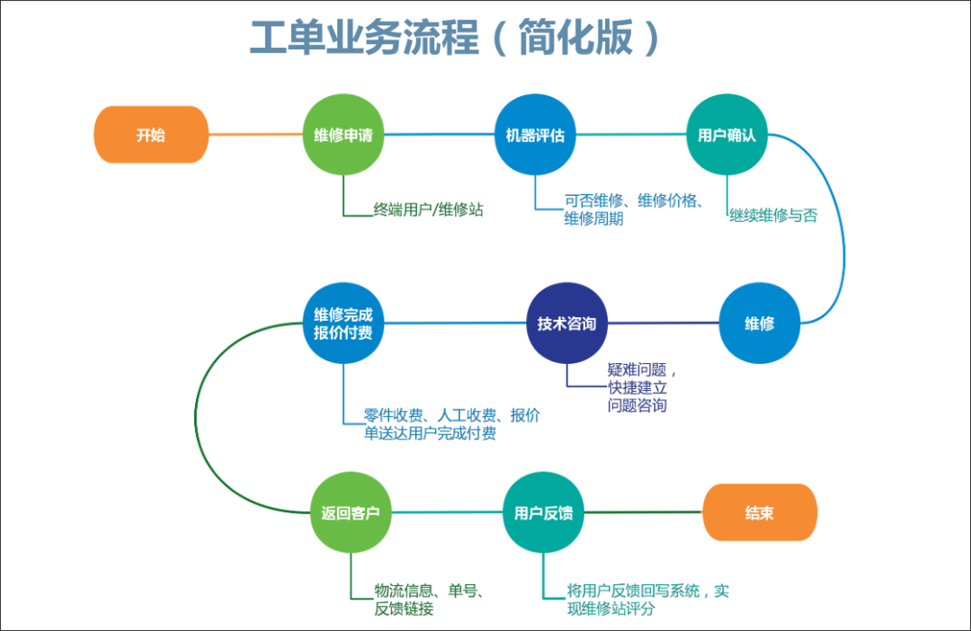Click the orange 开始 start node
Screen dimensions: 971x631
point(151,134)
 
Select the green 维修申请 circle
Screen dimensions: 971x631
point(343,134)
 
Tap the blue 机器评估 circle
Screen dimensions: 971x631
point(535,134)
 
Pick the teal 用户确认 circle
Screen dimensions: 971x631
point(727,134)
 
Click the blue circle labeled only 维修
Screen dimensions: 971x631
point(759,324)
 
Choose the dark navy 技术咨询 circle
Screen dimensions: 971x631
point(566,324)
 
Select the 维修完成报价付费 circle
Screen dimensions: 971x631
point(343,324)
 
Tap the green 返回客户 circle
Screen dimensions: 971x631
point(351,512)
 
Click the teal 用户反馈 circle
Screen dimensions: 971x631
point(543,512)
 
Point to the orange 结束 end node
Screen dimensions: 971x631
point(760,512)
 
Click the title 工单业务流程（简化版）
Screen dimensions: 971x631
point(455,37)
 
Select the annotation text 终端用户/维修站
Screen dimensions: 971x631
point(428,210)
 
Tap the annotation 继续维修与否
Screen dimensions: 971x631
point(773,216)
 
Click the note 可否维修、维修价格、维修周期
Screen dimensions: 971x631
point(634,209)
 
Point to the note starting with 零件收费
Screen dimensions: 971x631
point(451,424)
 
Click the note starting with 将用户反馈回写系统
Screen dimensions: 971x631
point(647,600)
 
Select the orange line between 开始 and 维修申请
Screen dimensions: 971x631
point(255,134)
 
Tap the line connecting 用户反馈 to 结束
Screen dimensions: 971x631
point(643,512)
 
